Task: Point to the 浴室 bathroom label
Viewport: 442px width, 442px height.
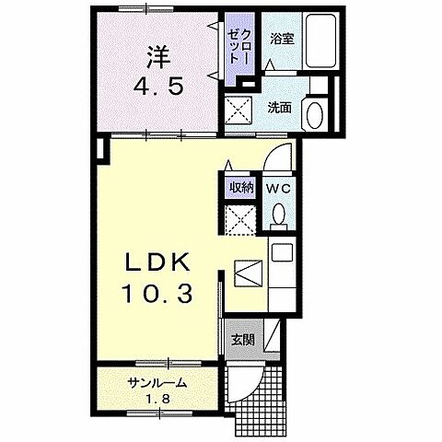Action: tap(282, 40)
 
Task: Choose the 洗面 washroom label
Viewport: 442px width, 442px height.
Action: tap(280, 107)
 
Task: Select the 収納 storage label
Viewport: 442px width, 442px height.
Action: tap(241, 188)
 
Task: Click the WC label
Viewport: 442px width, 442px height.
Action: tap(279, 188)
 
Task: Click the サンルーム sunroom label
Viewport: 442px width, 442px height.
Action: tap(157, 383)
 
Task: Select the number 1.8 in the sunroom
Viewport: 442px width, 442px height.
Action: tap(157, 400)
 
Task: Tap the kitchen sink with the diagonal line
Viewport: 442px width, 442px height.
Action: tap(250, 273)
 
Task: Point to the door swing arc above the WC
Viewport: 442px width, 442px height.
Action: tap(280, 157)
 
